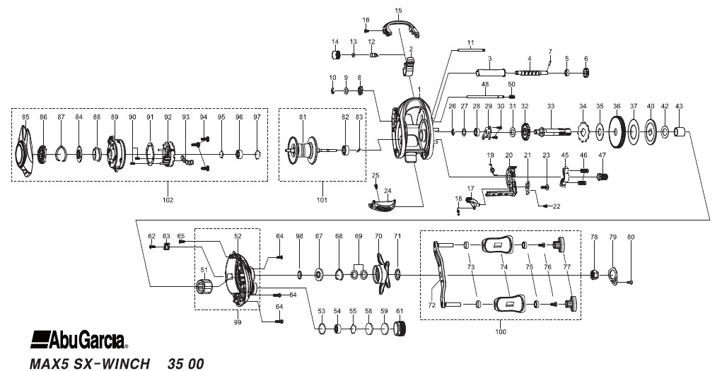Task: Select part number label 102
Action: [168, 200]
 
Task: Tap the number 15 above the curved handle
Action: [399, 10]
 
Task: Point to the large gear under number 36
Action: [617, 132]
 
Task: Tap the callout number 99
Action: [238, 322]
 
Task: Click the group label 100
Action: [501, 331]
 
